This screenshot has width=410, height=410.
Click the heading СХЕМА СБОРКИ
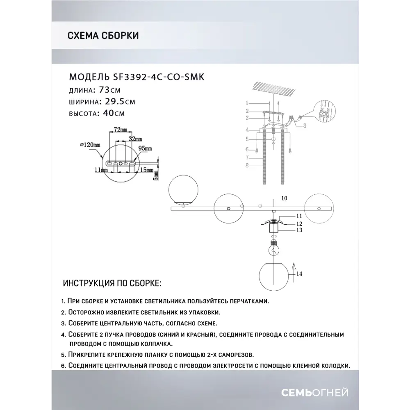point(102,35)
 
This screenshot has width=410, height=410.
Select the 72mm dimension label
point(116,130)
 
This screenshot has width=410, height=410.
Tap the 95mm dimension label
point(146,148)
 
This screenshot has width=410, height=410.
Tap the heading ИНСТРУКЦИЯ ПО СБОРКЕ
point(112,284)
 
